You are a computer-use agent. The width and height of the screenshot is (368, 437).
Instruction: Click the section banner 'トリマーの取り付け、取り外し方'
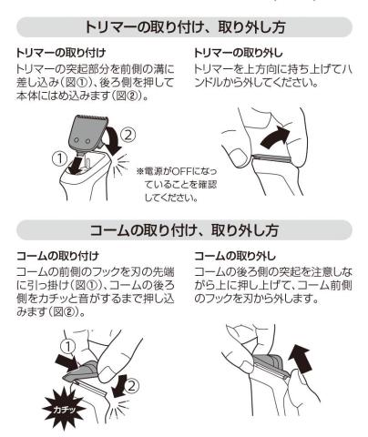(x=184, y=27)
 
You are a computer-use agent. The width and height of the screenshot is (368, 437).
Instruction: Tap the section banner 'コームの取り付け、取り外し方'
(x=184, y=230)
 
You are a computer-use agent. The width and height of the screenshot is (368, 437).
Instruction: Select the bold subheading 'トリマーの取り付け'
(x=61, y=53)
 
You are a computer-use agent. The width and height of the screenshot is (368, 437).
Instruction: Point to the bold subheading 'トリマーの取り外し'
(x=239, y=53)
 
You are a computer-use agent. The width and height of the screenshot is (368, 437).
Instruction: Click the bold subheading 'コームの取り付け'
(x=57, y=256)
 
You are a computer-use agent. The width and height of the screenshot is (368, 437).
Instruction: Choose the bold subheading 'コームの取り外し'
(x=235, y=256)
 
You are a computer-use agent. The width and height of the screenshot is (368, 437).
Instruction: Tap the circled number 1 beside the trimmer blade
(x=59, y=158)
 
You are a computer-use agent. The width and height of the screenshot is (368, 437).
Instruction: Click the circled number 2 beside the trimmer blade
(x=128, y=135)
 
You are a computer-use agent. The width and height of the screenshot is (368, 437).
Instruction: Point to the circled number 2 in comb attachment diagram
(x=131, y=386)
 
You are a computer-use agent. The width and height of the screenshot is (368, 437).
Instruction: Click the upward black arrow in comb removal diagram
(x=300, y=361)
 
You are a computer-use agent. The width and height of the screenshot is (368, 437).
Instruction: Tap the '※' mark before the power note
(x=140, y=171)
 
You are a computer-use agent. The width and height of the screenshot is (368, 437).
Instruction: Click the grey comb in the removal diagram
(x=269, y=364)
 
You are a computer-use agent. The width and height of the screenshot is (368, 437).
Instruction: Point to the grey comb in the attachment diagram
(x=81, y=371)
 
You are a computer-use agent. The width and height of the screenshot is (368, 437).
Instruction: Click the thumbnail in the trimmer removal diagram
(x=237, y=157)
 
